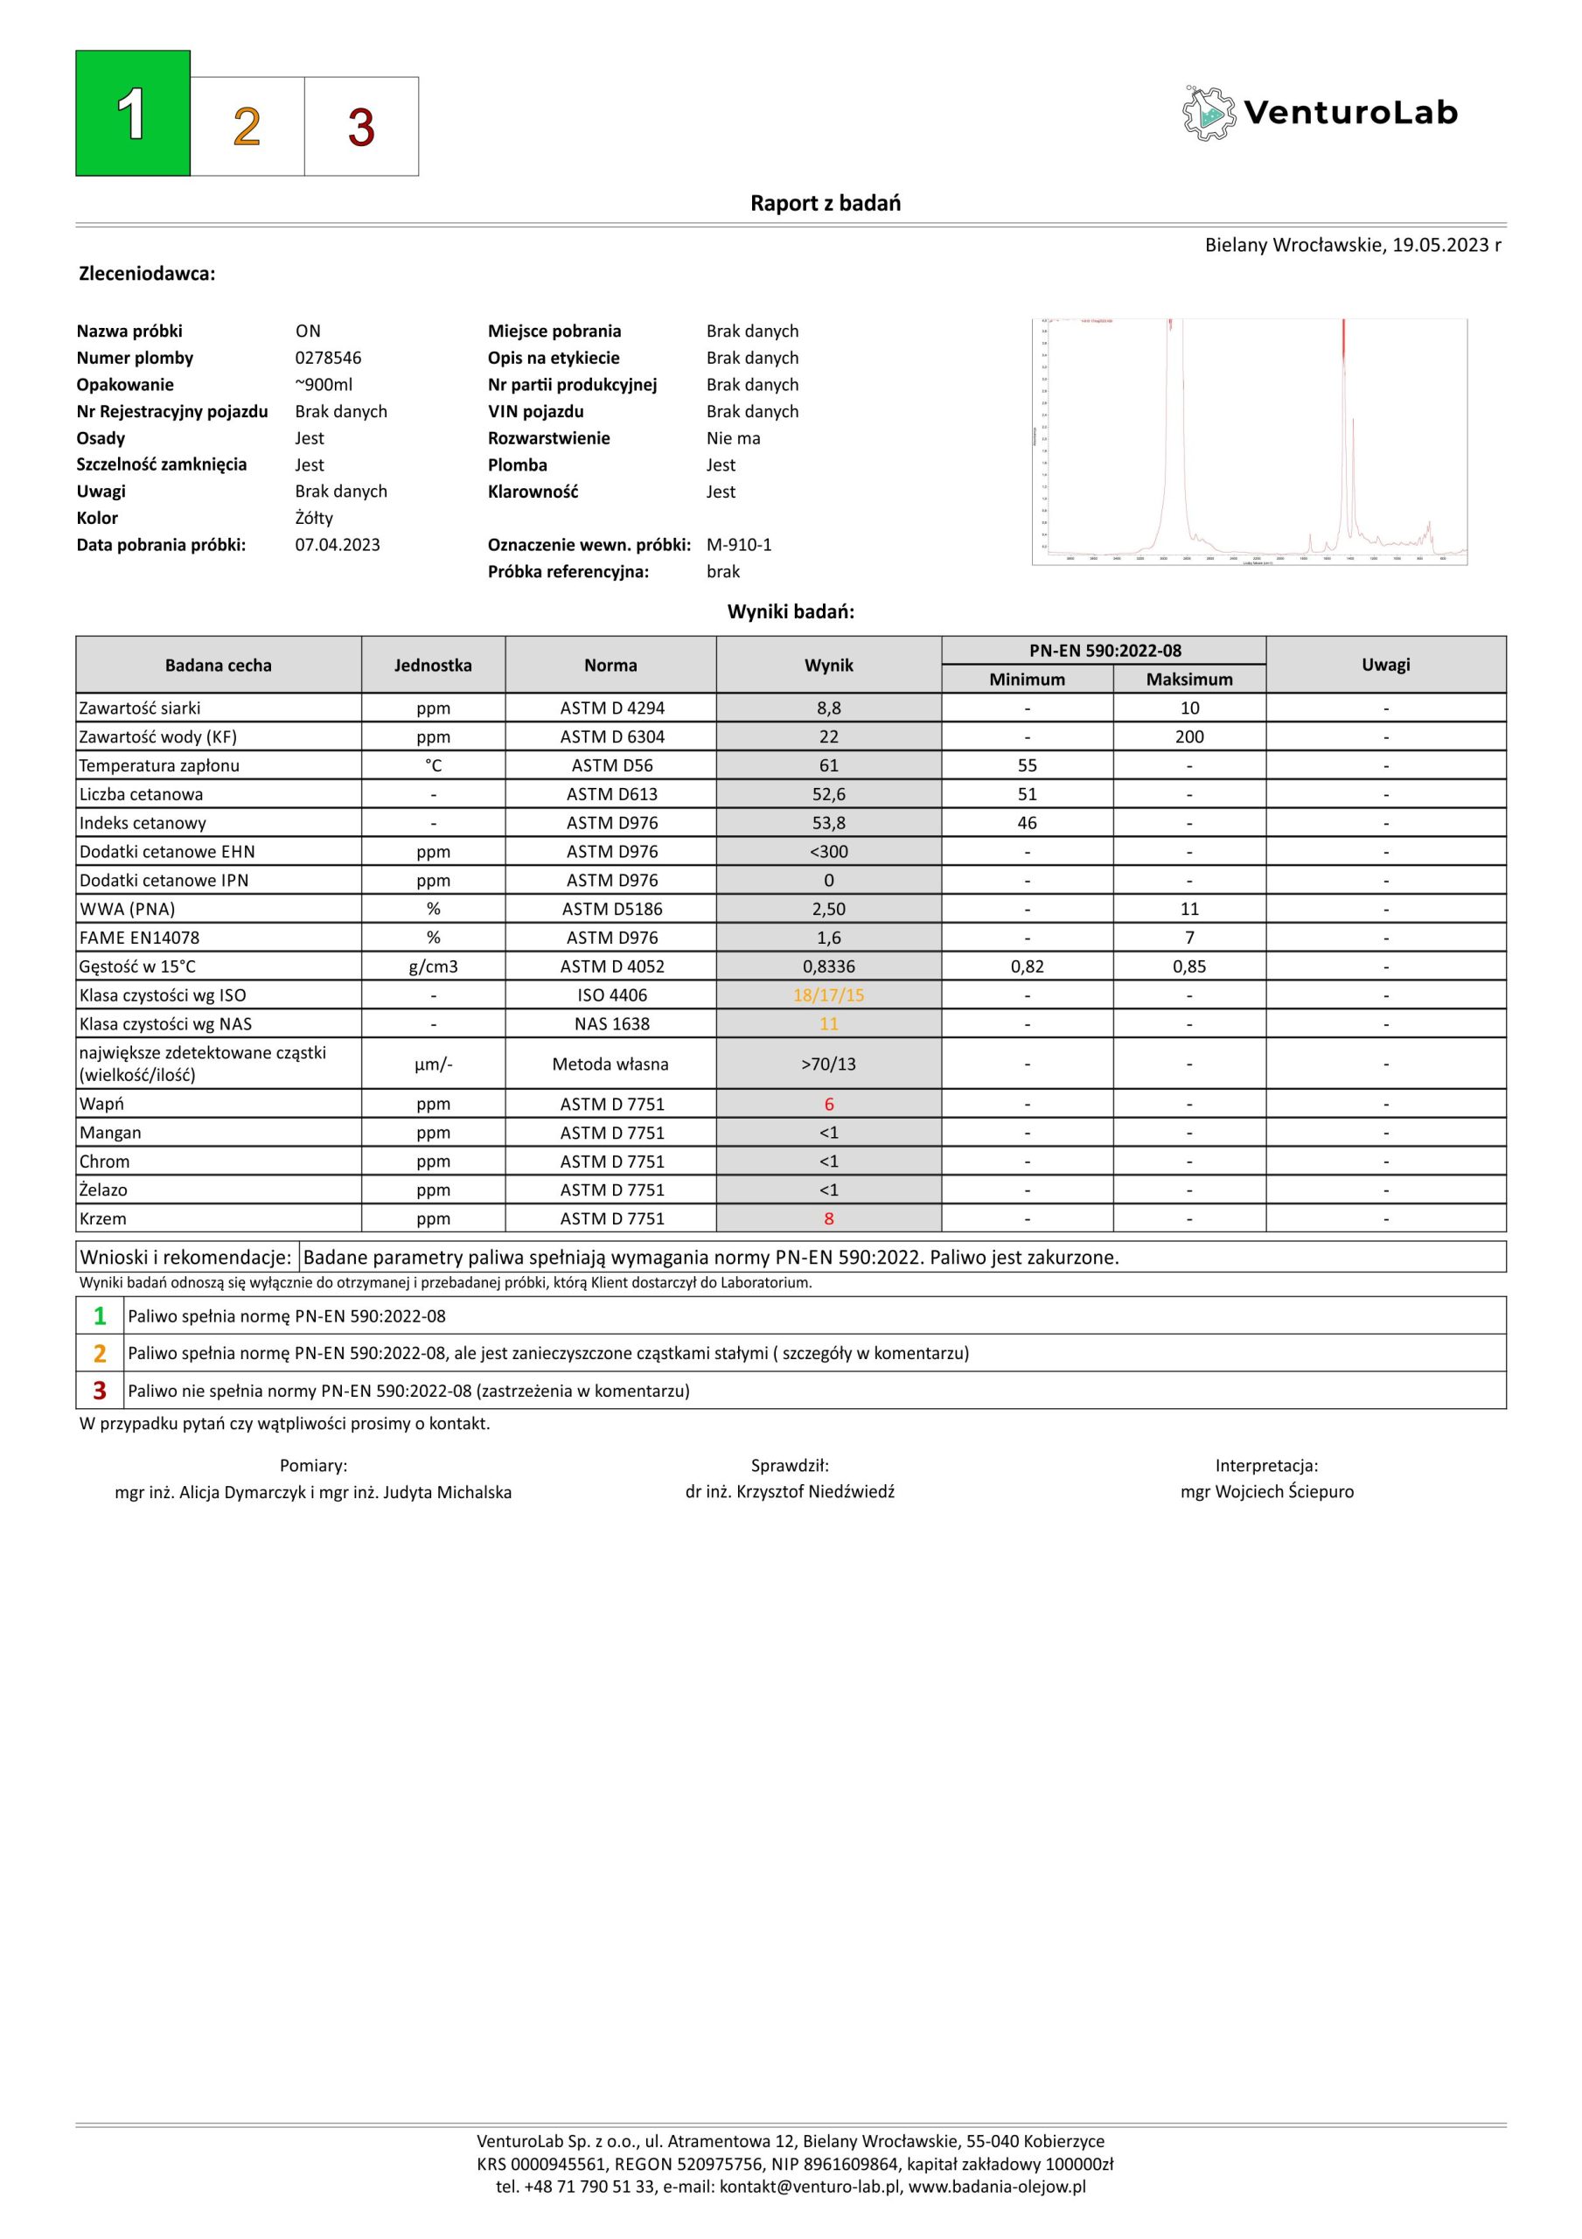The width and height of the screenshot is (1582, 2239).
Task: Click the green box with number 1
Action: (x=133, y=113)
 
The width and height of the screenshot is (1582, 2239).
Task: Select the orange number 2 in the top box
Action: (x=247, y=127)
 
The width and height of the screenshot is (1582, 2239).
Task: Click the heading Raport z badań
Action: (x=826, y=203)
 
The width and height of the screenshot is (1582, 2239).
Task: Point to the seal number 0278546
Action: (x=328, y=358)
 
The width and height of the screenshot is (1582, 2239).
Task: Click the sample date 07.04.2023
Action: (x=338, y=545)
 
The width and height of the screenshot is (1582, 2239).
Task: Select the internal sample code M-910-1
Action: (x=738, y=545)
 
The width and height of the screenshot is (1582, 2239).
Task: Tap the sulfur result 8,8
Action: (x=828, y=708)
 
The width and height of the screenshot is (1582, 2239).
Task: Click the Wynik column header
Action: (x=828, y=665)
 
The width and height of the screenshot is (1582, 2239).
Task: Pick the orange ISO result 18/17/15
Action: (x=828, y=995)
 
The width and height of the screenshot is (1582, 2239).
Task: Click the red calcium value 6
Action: (x=828, y=1104)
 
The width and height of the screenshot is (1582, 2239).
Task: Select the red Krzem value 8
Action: (x=828, y=1219)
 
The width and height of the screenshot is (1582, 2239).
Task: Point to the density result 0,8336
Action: (x=828, y=966)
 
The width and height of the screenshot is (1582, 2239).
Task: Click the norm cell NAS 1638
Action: (x=610, y=1024)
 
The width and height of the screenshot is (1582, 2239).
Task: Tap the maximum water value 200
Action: (x=1189, y=736)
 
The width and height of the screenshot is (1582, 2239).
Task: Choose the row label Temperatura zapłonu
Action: (x=159, y=765)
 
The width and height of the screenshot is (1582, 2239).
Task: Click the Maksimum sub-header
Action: (x=1189, y=679)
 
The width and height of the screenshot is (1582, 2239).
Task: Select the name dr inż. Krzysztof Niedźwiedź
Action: (x=789, y=1491)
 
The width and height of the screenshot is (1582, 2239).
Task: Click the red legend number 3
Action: (x=100, y=1390)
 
